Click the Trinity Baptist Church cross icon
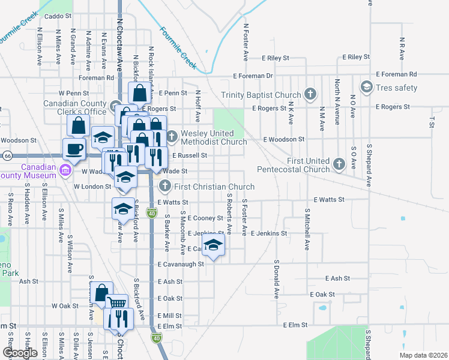click(x=310, y=94)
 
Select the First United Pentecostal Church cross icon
click(x=339, y=164)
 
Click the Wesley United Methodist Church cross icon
click(x=172, y=135)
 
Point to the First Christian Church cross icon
click(x=165, y=187)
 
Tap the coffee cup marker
click(x=74, y=149)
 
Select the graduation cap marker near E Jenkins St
click(x=212, y=245)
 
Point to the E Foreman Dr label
click(x=253, y=76)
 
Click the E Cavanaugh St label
click(x=181, y=263)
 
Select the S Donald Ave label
click(x=277, y=279)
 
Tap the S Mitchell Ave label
click(x=307, y=229)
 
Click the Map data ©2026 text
click(x=424, y=355)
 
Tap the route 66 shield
click(x=7, y=155)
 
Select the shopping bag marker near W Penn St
click(x=139, y=94)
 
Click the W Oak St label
click(x=65, y=305)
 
